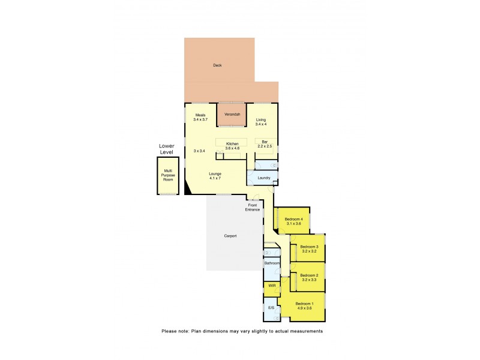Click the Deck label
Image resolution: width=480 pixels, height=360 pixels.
217,65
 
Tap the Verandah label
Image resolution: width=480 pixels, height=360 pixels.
232,114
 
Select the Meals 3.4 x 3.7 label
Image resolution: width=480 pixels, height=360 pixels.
200,118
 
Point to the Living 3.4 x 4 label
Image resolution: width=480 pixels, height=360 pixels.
260,122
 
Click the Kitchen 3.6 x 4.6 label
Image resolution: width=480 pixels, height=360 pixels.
232,146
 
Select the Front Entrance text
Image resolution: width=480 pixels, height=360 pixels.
253,207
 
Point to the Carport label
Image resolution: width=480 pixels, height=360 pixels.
230,236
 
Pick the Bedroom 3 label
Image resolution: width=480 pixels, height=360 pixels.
309,249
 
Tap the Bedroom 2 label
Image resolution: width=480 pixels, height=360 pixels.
309,277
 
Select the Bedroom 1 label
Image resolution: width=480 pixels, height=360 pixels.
304,306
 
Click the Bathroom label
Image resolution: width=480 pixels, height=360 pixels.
272,263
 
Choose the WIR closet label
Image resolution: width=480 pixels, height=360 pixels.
272,285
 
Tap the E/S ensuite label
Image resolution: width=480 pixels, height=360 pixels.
271,308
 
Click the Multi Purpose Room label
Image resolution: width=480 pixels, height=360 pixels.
168,175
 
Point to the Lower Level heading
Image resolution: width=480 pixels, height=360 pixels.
166,149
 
